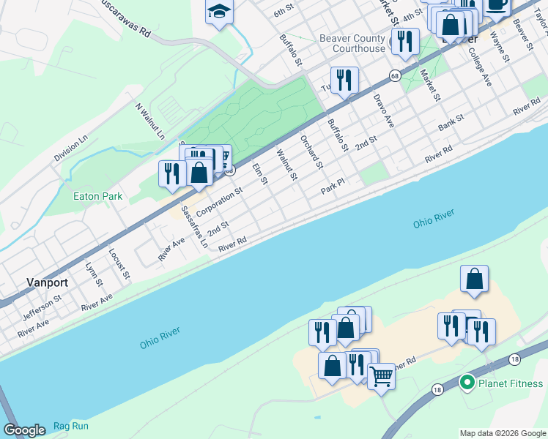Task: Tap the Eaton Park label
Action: [x=97, y=196]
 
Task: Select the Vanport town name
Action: [x=47, y=282]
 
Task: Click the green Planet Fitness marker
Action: [x=467, y=383]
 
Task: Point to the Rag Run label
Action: [x=70, y=426]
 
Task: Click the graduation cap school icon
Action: [x=218, y=12]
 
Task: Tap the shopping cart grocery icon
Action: [x=381, y=377]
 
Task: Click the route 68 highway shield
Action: [x=395, y=75]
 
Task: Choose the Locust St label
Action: [x=119, y=264]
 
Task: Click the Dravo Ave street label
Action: [x=383, y=110]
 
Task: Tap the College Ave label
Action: [x=481, y=68]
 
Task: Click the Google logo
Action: [x=24, y=430]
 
